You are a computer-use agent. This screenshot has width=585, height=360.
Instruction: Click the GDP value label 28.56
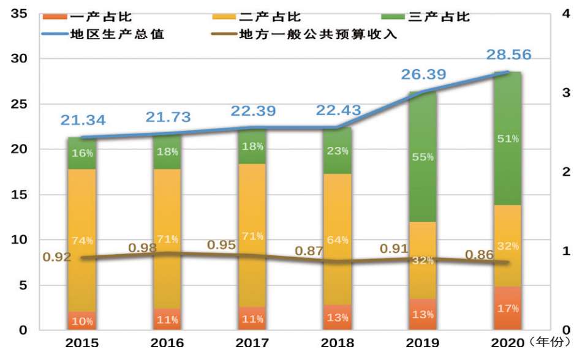pyautogui.click(x=508, y=54)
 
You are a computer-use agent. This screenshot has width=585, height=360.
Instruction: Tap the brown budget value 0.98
pyautogui.click(x=142, y=248)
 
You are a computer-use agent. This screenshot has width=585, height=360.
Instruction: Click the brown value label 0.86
pyautogui.click(x=479, y=255)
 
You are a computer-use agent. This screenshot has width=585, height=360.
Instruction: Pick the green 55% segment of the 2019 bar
pyautogui.click(x=422, y=157)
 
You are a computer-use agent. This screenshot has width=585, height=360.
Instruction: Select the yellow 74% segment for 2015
pyautogui.click(x=82, y=240)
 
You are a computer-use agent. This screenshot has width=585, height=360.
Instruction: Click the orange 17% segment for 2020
pyautogui.click(x=507, y=308)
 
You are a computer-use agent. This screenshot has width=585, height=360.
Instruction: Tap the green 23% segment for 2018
pyautogui.click(x=338, y=151)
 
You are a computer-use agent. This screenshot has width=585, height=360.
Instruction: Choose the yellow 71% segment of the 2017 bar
pyautogui.click(x=252, y=236)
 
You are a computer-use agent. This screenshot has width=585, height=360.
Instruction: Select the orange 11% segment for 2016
pyautogui.click(x=167, y=319)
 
